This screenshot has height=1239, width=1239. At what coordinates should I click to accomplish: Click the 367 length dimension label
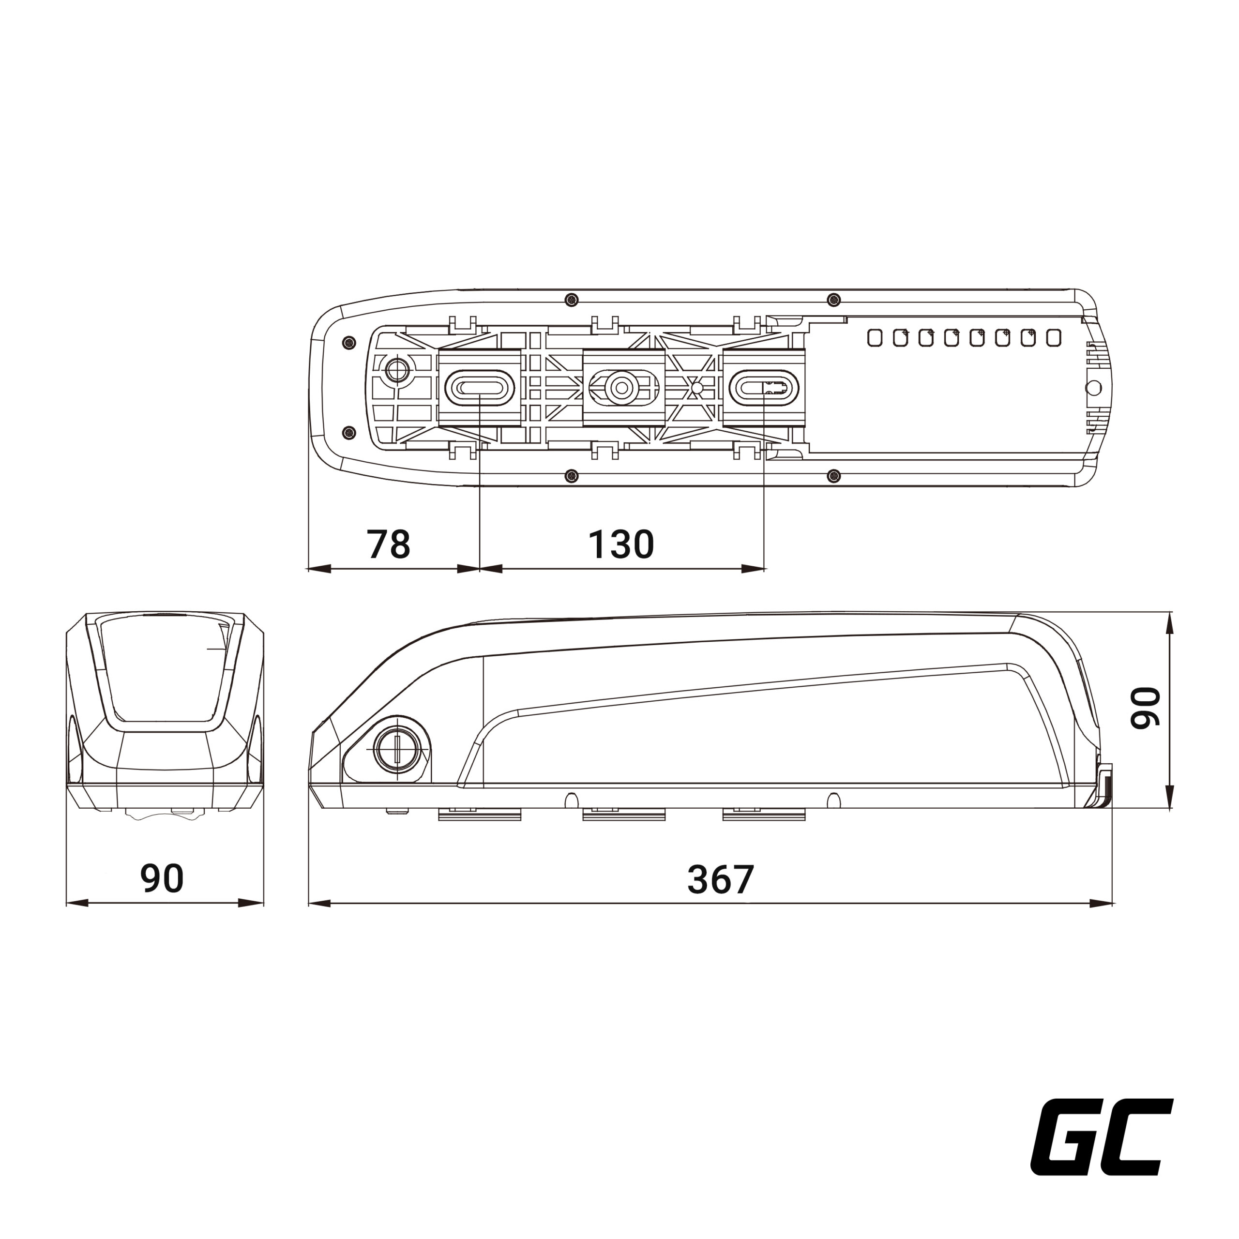pyautogui.click(x=720, y=879)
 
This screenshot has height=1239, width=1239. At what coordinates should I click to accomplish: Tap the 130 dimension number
pyautogui.click(x=621, y=544)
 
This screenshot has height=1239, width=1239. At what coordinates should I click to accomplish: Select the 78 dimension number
pyautogui.click(x=388, y=544)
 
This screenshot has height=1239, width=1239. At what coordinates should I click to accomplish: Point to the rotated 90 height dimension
pyautogui.click(x=1146, y=708)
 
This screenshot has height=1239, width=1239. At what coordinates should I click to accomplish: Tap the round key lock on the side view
pyautogui.click(x=398, y=749)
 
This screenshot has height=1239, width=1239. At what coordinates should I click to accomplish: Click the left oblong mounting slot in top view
pyautogui.click(x=480, y=387)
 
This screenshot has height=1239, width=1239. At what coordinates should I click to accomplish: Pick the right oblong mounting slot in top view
pyautogui.click(x=764, y=387)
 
